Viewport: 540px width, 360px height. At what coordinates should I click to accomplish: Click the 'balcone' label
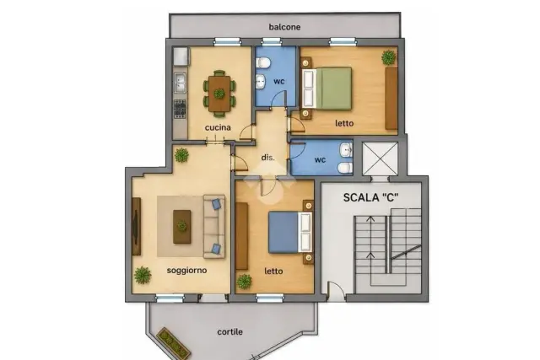284,27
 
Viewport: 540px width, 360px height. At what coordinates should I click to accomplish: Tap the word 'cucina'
218,127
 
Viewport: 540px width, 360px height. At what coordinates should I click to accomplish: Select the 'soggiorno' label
186,271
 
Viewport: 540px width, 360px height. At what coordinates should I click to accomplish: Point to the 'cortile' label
229,332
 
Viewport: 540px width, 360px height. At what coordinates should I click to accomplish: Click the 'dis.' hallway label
268,158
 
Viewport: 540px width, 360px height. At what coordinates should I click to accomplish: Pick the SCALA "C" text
371,197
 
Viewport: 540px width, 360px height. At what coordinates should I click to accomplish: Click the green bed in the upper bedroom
327,89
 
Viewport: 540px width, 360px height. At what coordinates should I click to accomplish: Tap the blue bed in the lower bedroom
290,233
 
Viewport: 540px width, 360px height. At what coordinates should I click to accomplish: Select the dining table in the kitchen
219,94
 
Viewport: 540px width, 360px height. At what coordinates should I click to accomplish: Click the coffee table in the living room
182,227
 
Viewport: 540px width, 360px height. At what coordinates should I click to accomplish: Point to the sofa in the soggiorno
213,226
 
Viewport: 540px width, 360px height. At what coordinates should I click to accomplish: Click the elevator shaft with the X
380,159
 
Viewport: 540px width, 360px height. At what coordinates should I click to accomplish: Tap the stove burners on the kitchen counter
180,109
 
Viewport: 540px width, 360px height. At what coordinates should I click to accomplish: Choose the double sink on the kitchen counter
180,83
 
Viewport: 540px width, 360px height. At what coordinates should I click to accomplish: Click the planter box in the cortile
174,343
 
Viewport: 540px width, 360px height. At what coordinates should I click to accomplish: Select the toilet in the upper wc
263,62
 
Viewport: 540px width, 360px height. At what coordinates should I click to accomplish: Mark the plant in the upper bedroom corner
388,57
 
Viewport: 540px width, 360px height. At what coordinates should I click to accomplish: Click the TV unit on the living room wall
137,226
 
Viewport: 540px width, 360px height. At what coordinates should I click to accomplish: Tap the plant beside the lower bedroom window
244,282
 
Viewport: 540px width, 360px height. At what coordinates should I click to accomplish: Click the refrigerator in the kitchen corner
181,56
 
